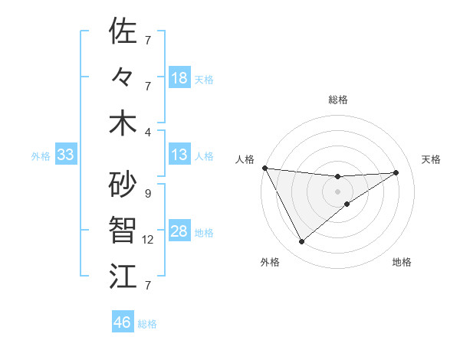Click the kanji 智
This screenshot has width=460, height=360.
[123, 230]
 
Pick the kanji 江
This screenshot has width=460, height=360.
[123, 276]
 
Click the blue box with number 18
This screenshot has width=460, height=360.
[179, 78]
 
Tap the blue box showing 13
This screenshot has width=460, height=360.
[179, 155]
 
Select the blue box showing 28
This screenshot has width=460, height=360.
[179, 232]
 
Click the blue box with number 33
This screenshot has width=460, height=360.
[65, 155]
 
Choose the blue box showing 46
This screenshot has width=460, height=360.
[122, 322]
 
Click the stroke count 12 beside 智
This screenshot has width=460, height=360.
[148, 240]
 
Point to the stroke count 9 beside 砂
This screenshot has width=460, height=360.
[148, 194]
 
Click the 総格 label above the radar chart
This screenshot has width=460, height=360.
[338, 100]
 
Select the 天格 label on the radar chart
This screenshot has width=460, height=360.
[431, 159]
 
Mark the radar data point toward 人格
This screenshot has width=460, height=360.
[264, 168]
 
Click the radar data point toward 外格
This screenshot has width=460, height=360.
[301, 242]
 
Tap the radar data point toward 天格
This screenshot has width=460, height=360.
[396, 172]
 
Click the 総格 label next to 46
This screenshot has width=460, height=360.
[147, 323]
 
